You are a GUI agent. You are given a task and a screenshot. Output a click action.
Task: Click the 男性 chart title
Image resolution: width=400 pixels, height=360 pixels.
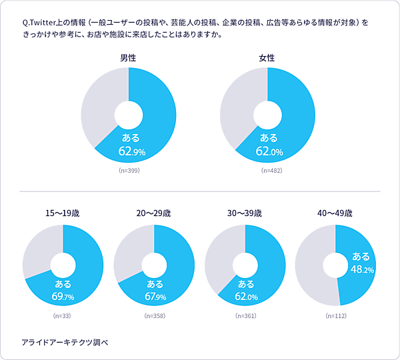128,58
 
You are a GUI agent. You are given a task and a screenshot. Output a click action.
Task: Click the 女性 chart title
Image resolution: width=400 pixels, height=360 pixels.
267,58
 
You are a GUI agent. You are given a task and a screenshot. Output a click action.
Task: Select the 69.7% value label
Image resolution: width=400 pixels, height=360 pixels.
62,296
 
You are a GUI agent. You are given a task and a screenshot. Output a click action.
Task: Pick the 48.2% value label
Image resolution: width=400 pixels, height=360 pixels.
362,269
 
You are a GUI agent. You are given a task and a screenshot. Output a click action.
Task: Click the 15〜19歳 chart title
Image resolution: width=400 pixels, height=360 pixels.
63,214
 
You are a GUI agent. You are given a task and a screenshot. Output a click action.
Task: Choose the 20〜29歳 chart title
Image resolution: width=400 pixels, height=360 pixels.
153,214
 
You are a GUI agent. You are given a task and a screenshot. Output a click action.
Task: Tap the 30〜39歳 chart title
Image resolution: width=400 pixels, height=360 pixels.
245,214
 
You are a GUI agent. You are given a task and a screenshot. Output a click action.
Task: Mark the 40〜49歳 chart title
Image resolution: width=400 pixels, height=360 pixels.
335,214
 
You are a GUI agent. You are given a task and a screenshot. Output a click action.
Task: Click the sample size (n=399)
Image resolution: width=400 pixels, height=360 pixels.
129,171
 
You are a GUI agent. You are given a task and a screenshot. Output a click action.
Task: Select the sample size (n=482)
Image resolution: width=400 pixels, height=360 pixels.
267,171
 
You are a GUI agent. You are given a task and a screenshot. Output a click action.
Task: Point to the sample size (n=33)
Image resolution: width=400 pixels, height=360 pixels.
63,315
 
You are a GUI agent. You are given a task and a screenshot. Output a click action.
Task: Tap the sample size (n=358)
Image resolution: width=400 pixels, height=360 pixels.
154,315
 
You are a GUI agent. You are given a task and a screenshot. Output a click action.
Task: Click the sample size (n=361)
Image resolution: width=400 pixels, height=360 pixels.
245,315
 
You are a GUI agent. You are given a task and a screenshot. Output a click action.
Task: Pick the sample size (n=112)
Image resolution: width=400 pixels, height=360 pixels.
335,315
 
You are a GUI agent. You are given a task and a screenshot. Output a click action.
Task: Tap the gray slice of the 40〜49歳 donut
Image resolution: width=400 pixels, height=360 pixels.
310,267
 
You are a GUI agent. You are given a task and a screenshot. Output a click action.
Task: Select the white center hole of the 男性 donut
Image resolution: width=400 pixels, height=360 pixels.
129,115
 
